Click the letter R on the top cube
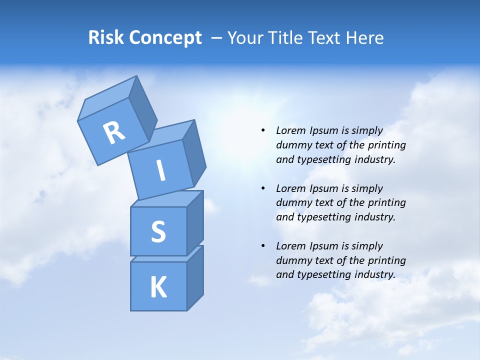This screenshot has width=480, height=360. [x=114, y=132]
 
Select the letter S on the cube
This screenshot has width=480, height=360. [x=158, y=231]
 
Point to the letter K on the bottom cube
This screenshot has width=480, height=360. [x=158, y=287]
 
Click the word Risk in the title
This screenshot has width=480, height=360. [x=106, y=38]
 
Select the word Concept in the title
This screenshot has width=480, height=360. [x=165, y=38]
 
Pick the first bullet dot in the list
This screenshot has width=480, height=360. [x=263, y=130]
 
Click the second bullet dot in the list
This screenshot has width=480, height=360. [x=263, y=188]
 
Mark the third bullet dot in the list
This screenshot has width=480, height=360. [x=263, y=246]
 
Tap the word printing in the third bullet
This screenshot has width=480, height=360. [x=386, y=260]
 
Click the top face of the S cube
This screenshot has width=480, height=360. [x=166, y=199]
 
